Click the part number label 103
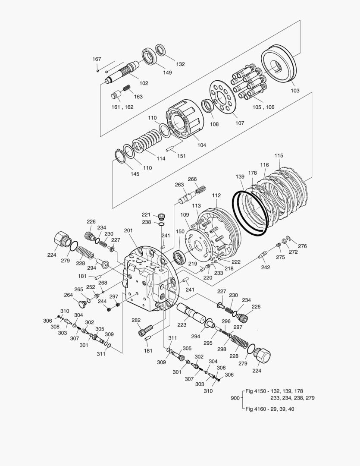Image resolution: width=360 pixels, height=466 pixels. click(295, 91)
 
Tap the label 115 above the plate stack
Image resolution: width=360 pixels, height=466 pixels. click(279, 155)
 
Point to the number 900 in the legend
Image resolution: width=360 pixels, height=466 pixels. click(235, 398)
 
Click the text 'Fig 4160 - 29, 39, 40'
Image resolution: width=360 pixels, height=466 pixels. click(270, 409)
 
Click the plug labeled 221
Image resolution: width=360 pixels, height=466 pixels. click(161, 216)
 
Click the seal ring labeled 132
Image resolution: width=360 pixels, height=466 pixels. click(163, 49)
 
